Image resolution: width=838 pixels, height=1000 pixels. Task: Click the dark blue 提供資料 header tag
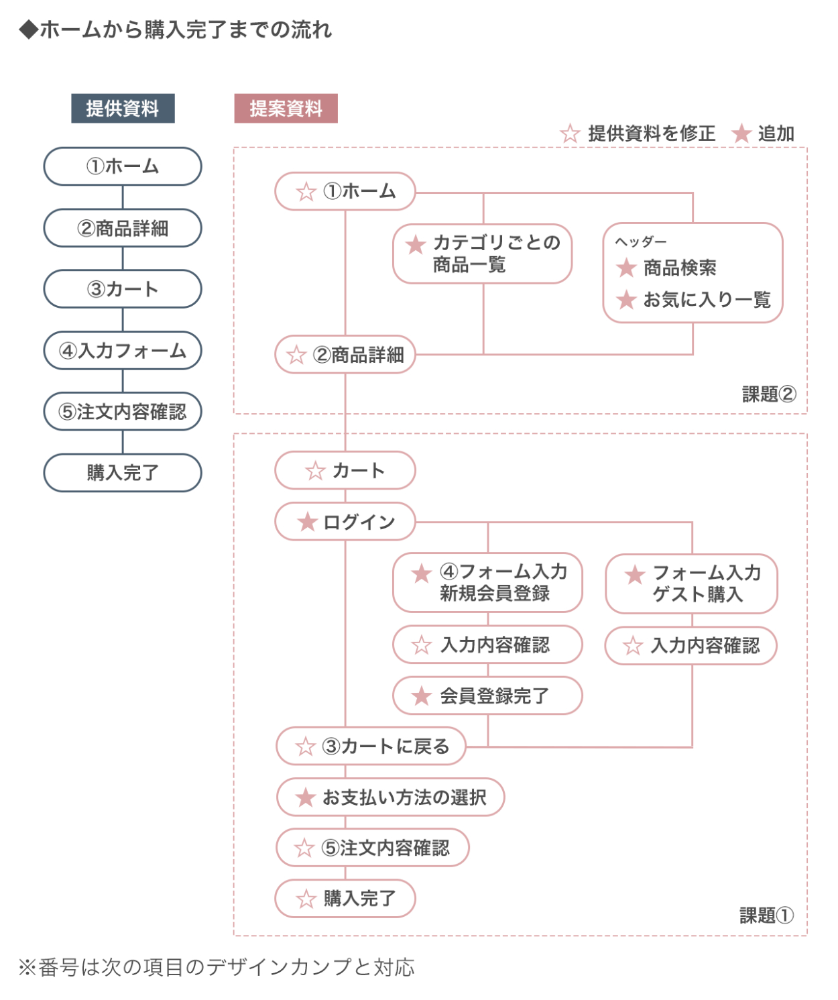pyautogui.click(x=123, y=109)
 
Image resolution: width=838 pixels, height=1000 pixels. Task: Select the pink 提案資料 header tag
pyautogui.click(x=286, y=109)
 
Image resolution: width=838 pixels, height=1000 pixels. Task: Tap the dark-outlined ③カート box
pyautogui.click(x=123, y=289)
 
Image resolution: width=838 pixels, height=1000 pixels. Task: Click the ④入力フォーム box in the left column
pyautogui.click(x=123, y=350)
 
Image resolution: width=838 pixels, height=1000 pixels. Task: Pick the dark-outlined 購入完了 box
pyautogui.click(x=123, y=473)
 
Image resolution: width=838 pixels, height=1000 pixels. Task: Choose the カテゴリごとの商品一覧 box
pyautogui.click(x=483, y=254)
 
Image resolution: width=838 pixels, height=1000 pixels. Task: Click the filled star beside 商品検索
pyautogui.click(x=626, y=268)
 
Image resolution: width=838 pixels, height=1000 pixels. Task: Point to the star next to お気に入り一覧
pyautogui.click(x=626, y=299)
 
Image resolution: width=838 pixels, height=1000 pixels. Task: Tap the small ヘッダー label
pyautogui.click(x=641, y=241)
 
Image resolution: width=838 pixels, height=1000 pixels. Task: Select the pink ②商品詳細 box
pyautogui.click(x=345, y=354)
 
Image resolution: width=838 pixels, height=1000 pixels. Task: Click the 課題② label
pyautogui.click(x=768, y=394)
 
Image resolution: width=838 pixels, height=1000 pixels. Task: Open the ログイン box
pyautogui.click(x=345, y=522)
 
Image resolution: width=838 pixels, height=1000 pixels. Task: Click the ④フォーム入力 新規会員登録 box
pyautogui.click(x=487, y=582)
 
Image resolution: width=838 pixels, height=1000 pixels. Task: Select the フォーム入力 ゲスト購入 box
pyautogui.click(x=691, y=584)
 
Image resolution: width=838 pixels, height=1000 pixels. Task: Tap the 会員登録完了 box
pyautogui.click(x=487, y=696)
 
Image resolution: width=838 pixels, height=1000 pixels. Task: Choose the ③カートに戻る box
pyautogui.click(x=371, y=746)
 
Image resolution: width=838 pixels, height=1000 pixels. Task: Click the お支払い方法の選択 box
pyautogui.click(x=390, y=797)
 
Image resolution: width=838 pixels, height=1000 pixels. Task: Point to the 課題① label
pyautogui.click(x=766, y=915)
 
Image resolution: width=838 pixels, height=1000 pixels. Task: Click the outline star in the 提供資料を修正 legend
pyautogui.click(x=570, y=133)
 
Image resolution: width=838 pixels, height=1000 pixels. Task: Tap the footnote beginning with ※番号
pyautogui.click(x=217, y=967)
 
